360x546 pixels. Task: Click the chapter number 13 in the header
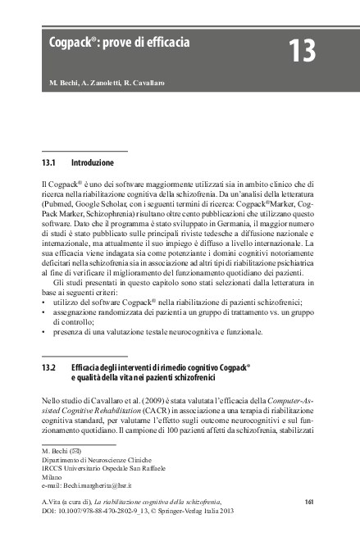pyautogui.click(x=301, y=52)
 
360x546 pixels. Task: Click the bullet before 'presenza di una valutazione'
pyautogui.click(x=43, y=332)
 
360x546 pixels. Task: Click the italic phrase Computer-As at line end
pyautogui.click(x=294, y=398)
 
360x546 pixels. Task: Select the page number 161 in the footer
pyautogui.click(x=309, y=501)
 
